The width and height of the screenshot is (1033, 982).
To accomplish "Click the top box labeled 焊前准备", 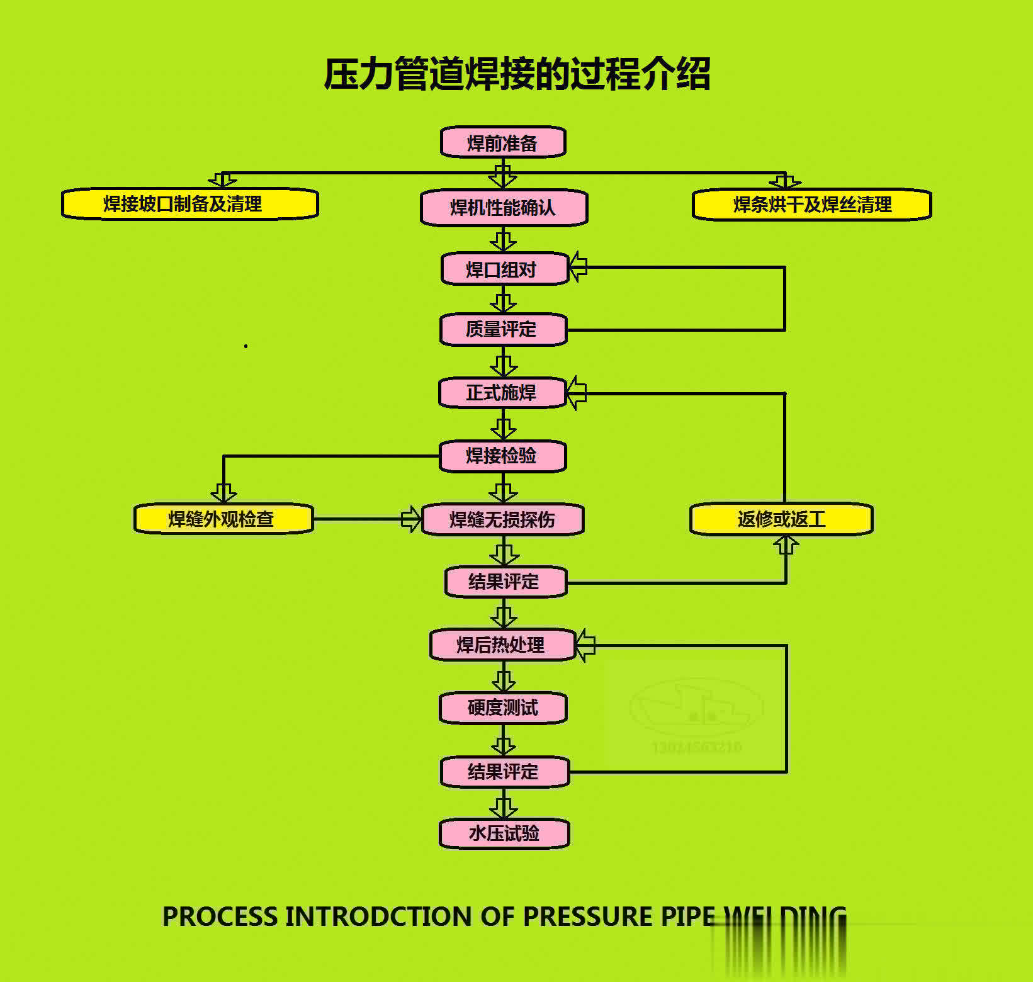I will click(x=503, y=143).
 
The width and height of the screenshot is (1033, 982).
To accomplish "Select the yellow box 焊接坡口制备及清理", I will click(x=189, y=204).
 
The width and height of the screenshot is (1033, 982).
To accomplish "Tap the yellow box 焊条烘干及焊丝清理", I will click(x=811, y=205).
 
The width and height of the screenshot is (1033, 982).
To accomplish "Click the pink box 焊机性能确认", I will click(x=504, y=208).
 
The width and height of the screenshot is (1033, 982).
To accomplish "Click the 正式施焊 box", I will click(x=502, y=393).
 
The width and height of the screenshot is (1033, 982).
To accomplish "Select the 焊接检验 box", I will click(x=502, y=456).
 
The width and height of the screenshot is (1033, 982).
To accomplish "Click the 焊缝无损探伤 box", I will click(x=502, y=519).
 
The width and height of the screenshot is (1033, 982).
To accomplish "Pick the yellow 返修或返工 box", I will click(x=781, y=519).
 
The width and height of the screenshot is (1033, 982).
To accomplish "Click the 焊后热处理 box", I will click(x=502, y=645).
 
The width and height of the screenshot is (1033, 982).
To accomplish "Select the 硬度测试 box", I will click(x=503, y=708).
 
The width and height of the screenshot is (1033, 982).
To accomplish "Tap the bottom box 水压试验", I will click(x=504, y=833).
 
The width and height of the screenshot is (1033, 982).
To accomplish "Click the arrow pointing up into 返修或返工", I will click(x=786, y=545).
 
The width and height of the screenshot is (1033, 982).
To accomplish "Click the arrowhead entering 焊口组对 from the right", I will click(x=578, y=267).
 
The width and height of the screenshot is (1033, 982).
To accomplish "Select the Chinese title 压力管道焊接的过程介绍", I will click(x=517, y=74).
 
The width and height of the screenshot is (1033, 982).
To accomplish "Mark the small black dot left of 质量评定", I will click(x=246, y=346).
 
